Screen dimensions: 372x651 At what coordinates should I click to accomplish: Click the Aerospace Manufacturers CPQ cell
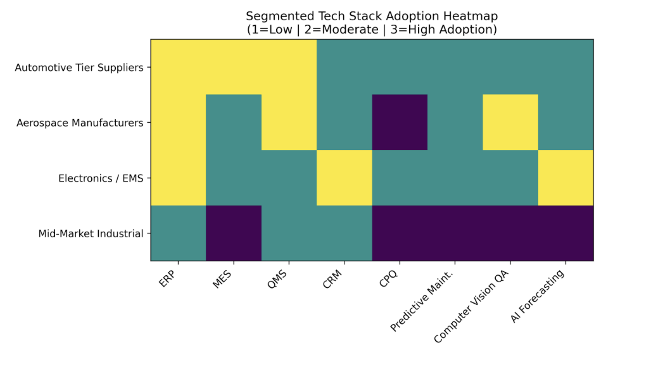pos(400,122)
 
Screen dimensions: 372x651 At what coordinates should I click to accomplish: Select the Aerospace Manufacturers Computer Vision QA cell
pos(510,122)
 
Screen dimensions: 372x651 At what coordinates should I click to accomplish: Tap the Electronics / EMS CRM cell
pos(344,178)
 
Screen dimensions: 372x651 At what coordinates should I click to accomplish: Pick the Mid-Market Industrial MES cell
pos(234,233)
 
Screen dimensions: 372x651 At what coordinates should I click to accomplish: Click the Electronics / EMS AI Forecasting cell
pos(566,178)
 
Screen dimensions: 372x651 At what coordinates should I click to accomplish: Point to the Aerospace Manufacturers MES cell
pos(234,122)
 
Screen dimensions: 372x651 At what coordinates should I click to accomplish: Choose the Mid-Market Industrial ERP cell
pos(178,233)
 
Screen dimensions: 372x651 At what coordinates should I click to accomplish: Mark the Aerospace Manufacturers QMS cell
pos(289,122)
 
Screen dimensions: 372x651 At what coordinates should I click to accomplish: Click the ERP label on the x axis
pos(169,279)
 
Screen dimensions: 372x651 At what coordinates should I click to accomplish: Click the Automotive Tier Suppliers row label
pos(79,67)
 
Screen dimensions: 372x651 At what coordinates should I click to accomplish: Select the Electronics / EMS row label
pos(101,178)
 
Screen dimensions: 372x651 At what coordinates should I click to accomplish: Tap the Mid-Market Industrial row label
pos(91,233)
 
